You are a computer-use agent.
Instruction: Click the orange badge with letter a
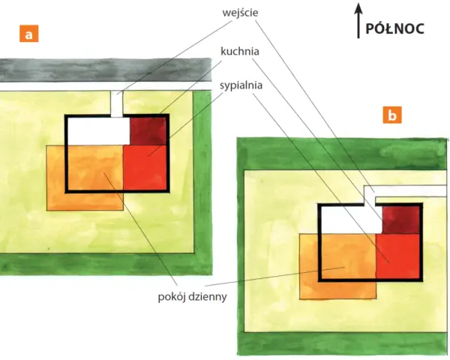29,34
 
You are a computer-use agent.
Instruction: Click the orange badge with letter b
392,115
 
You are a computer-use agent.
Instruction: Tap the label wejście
240,13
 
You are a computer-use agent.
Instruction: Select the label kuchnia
240,52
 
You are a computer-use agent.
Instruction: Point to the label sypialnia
241,85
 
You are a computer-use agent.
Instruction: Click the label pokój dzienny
192,296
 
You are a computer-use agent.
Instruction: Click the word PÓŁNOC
395,28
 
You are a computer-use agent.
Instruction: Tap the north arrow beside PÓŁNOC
358,21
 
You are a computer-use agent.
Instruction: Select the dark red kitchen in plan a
148,131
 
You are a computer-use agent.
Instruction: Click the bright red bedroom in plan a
145,168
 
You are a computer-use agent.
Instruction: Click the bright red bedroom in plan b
397,256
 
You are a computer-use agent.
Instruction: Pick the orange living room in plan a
85,178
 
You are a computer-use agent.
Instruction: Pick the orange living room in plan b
337,266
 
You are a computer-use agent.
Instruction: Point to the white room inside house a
98,131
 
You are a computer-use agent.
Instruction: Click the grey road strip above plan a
106,70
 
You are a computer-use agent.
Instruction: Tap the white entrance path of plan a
117,104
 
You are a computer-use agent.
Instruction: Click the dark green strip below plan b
343,343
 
